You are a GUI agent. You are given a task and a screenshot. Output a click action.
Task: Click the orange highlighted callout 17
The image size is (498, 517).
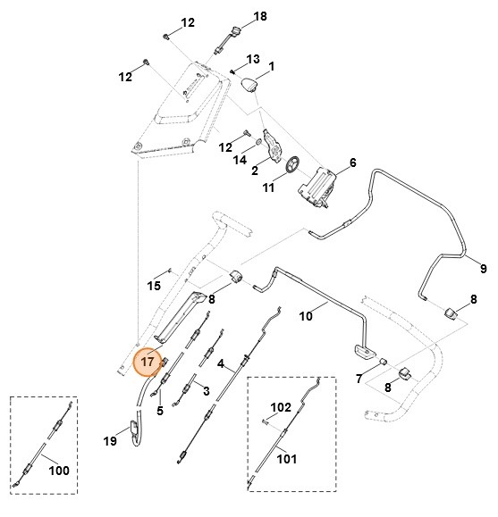tap(147, 363)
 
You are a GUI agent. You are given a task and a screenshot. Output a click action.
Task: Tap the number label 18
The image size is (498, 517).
tap(260, 17)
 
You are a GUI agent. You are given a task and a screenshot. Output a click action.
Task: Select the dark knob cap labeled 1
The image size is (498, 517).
tap(251, 86)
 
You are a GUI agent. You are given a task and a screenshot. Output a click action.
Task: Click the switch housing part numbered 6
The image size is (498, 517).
tap(318, 185)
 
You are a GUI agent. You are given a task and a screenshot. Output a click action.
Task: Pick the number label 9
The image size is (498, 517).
tap(483, 268)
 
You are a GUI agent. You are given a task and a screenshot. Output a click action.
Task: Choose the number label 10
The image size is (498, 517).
tap(307, 315)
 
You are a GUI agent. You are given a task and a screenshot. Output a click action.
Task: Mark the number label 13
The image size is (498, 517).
tap(253, 59)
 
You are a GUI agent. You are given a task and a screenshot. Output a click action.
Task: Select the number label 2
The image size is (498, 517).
tap(254, 170)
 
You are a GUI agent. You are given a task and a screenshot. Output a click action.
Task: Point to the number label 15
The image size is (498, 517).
tap(154, 286)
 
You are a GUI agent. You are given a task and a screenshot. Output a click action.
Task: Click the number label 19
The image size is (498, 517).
tap(111, 440)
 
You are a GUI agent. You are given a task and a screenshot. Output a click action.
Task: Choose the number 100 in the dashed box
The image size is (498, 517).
tap(58, 470)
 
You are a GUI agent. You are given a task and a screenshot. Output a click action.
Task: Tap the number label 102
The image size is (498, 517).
tap(281, 407)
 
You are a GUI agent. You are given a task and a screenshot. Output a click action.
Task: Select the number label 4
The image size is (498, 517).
tap(220, 364)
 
